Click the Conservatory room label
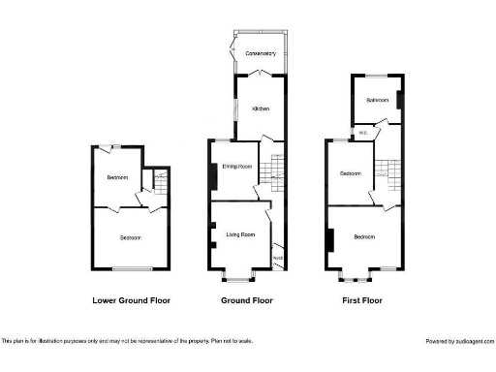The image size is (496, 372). point(261,52)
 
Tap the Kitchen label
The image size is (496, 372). point(261,108)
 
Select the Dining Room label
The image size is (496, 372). point(237,167)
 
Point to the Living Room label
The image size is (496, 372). point(240,234)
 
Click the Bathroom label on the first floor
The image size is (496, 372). point(377,100)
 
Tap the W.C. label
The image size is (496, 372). point(363,132)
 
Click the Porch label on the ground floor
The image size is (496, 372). point(278,258)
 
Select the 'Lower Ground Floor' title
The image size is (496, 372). point(131,300)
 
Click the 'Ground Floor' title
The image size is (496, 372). point(245,300)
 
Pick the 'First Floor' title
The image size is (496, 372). point(361,300)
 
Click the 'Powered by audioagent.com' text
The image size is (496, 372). point(460,341)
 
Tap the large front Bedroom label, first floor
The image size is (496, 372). point(365,236)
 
